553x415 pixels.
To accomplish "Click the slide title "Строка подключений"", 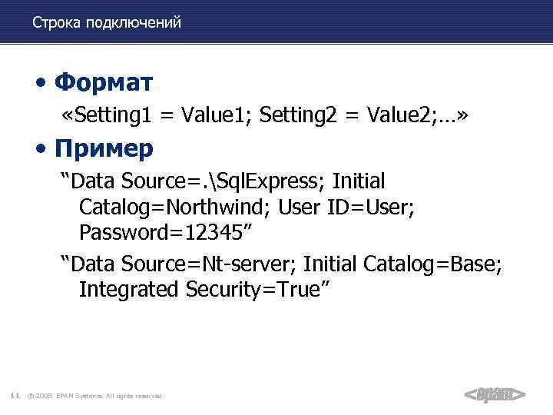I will (x=107, y=22).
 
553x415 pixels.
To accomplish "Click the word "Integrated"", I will (x=129, y=290).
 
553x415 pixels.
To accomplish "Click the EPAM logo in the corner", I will (x=495, y=395).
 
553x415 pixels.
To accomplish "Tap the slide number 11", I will (x=15, y=396).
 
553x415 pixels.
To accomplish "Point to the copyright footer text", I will (x=96, y=396).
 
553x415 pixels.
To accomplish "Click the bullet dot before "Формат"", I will (x=48, y=82).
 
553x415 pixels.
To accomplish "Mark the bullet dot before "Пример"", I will (x=48, y=148).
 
